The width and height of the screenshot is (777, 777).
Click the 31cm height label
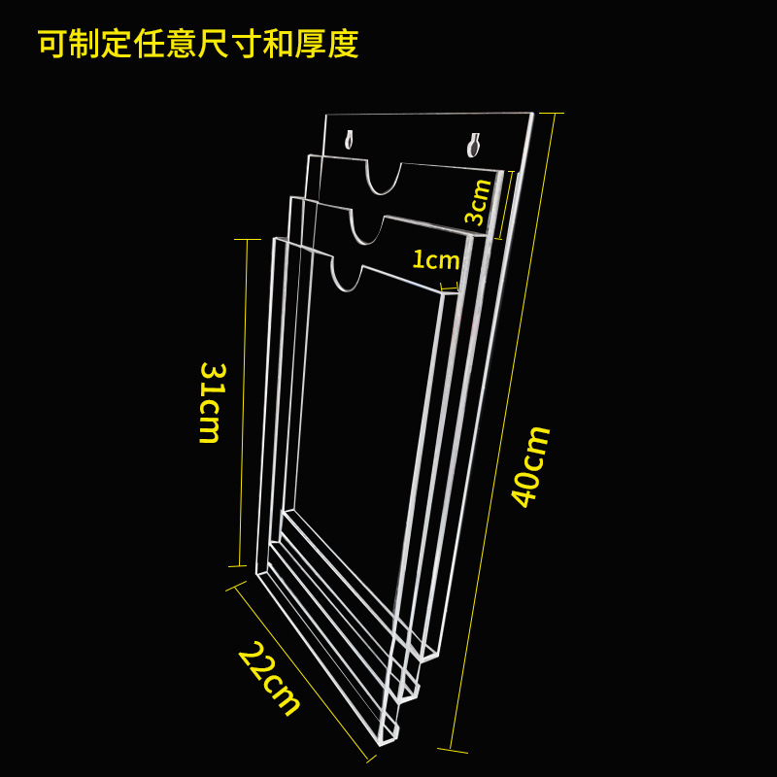(x=211, y=403)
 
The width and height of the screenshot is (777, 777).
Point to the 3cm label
(x=479, y=202)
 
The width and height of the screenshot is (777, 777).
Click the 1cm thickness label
(x=435, y=260)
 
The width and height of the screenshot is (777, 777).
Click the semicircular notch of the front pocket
(x=347, y=274)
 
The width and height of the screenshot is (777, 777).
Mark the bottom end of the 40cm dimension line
(x=452, y=750)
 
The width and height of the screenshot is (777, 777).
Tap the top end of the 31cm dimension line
(x=247, y=239)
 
